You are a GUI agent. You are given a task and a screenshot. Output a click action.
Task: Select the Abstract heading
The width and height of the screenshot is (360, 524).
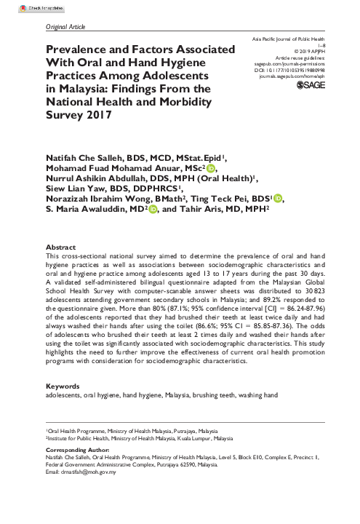60,247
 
